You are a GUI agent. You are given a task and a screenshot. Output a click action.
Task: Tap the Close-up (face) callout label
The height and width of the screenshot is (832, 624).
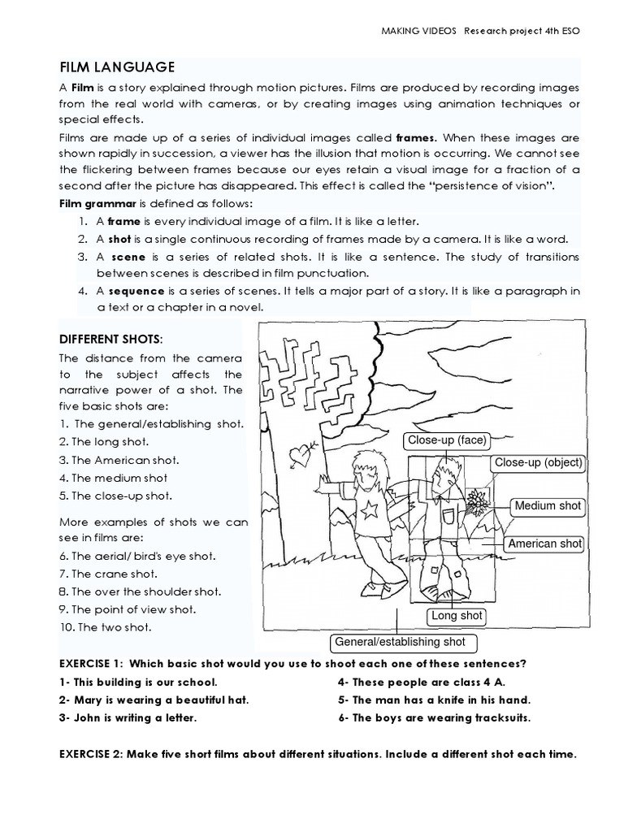tap(447, 440)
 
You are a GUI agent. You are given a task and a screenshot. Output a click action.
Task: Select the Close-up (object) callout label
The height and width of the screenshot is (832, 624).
tap(538, 462)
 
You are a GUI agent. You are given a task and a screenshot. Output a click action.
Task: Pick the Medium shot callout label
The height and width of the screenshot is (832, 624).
tap(548, 505)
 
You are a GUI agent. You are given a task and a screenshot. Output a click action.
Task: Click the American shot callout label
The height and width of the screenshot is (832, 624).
tap(544, 544)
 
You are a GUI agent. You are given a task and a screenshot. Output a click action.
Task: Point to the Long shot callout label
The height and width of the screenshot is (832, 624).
tap(457, 616)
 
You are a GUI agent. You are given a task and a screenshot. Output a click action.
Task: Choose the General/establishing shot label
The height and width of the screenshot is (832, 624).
tap(400, 642)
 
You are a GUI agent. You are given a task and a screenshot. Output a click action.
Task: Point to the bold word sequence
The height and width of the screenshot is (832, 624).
tap(136, 291)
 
